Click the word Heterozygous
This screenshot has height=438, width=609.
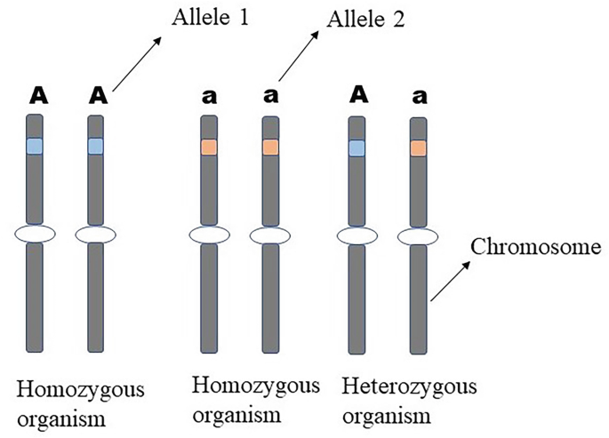pyautogui.click(x=410, y=387)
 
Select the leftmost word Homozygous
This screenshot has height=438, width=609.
pyautogui.click(x=79, y=391)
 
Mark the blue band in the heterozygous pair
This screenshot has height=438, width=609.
pyautogui.click(x=357, y=147)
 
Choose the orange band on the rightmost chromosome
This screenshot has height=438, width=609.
pyautogui.click(x=418, y=148)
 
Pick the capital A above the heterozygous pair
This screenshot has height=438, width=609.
pyautogui.click(x=357, y=93)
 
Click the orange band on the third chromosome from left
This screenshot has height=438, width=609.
pyautogui.click(x=210, y=147)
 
